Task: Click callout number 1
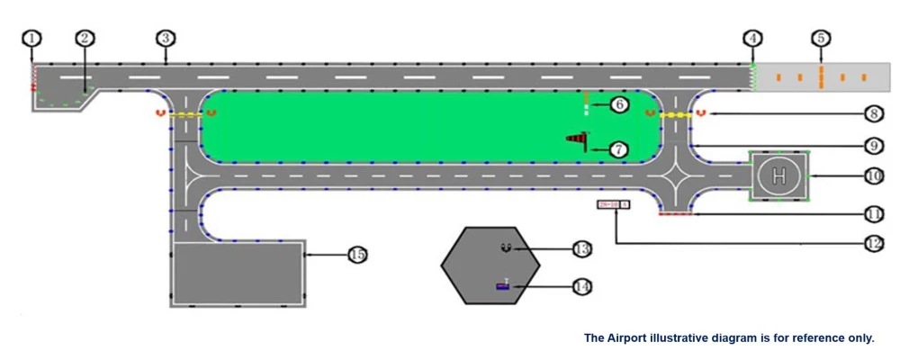[32, 38]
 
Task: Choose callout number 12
[872, 242]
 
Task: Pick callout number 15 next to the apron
[357, 255]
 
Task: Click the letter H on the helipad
[779, 175]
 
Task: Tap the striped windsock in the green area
[576, 139]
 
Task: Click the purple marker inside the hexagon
[502, 286]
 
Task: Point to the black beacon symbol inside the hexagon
[506, 247]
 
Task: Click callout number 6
[618, 104]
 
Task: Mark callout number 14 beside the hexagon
[581, 286]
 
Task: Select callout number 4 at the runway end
[752, 38]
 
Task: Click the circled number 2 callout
[85, 38]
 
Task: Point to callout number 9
[872, 144]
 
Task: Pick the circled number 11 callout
[872, 214]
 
